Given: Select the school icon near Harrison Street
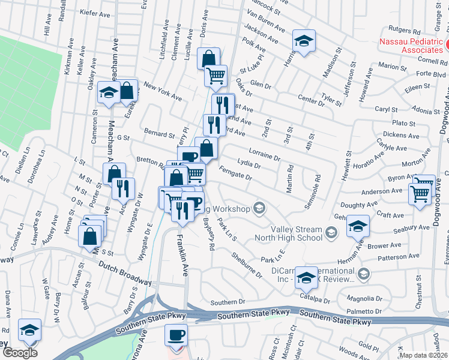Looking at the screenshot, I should tap(304, 42).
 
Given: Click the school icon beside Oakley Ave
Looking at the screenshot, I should tap(108, 93).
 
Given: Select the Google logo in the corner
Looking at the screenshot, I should tap(20, 352).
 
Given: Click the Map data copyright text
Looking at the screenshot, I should tap(423, 355).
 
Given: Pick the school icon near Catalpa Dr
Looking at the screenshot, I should tap(306, 278).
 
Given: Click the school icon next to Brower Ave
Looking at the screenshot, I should tap(358, 226).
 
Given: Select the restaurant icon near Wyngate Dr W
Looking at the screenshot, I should tap(123, 188).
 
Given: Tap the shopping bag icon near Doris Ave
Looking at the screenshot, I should tap(208, 59).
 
